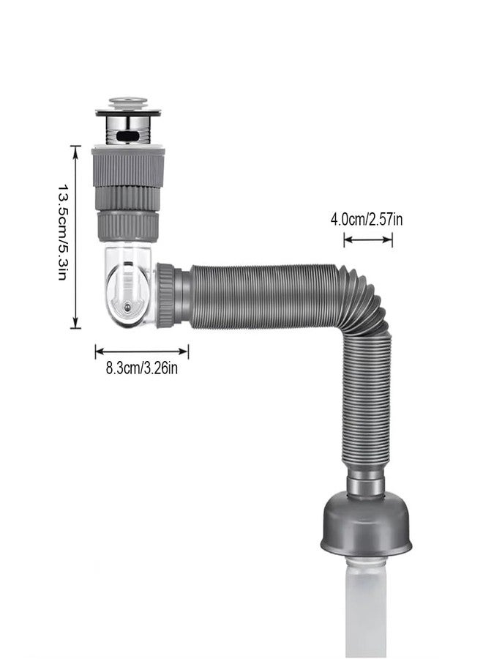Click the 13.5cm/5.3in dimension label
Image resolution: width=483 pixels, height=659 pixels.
[63, 231]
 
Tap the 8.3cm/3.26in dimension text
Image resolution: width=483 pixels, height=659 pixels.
[141, 368]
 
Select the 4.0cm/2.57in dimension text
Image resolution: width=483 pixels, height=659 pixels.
[367, 219]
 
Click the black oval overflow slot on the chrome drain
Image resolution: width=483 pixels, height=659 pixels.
[129, 135]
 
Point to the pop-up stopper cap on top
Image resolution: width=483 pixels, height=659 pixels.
[128, 102]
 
